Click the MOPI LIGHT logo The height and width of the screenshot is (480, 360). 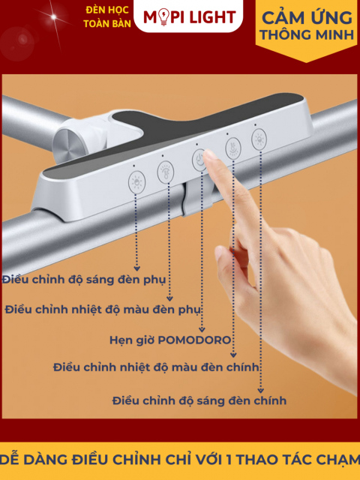tap(190, 16)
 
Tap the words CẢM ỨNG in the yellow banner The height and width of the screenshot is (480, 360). tap(306, 16)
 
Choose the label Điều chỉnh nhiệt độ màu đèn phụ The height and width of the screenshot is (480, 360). tap(104, 308)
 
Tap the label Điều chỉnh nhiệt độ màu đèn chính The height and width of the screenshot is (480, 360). tap(157, 367)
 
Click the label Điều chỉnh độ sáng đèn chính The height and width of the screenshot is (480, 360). tap(199, 400)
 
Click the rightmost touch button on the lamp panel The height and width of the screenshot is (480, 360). tap(259, 138)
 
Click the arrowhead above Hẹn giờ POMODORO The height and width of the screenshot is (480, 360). tap(201, 328)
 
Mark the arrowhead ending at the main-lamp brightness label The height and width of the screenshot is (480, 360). tap(260, 390)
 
